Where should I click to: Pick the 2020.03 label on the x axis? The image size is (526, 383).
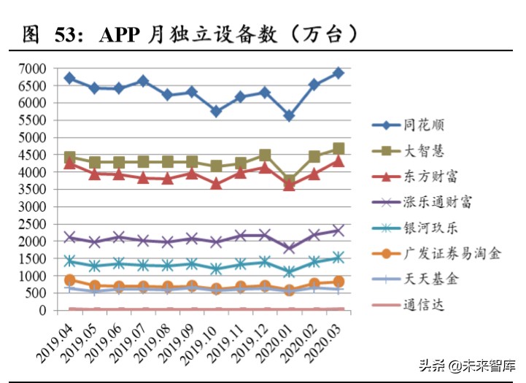[x=321, y=341]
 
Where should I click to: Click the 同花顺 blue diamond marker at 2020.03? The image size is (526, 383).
[x=339, y=73]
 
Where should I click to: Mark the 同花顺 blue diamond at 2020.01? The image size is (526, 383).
[x=290, y=116]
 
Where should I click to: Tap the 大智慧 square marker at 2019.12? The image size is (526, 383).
[x=265, y=155]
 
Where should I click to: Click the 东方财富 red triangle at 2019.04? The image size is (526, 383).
[x=70, y=163]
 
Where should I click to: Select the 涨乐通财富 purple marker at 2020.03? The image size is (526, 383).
[x=339, y=231]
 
